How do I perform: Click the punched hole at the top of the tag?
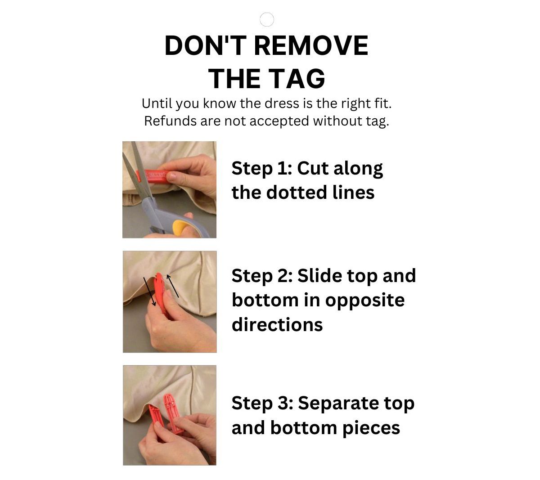click(266, 19)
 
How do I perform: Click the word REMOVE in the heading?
click(311, 45)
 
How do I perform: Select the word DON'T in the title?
click(205, 45)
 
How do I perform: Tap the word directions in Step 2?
click(277, 325)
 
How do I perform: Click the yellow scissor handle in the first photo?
click(182, 227)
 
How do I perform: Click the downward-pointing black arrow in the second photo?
click(149, 292)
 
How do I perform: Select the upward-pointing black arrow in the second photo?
click(172, 286)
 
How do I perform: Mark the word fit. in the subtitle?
click(383, 103)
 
